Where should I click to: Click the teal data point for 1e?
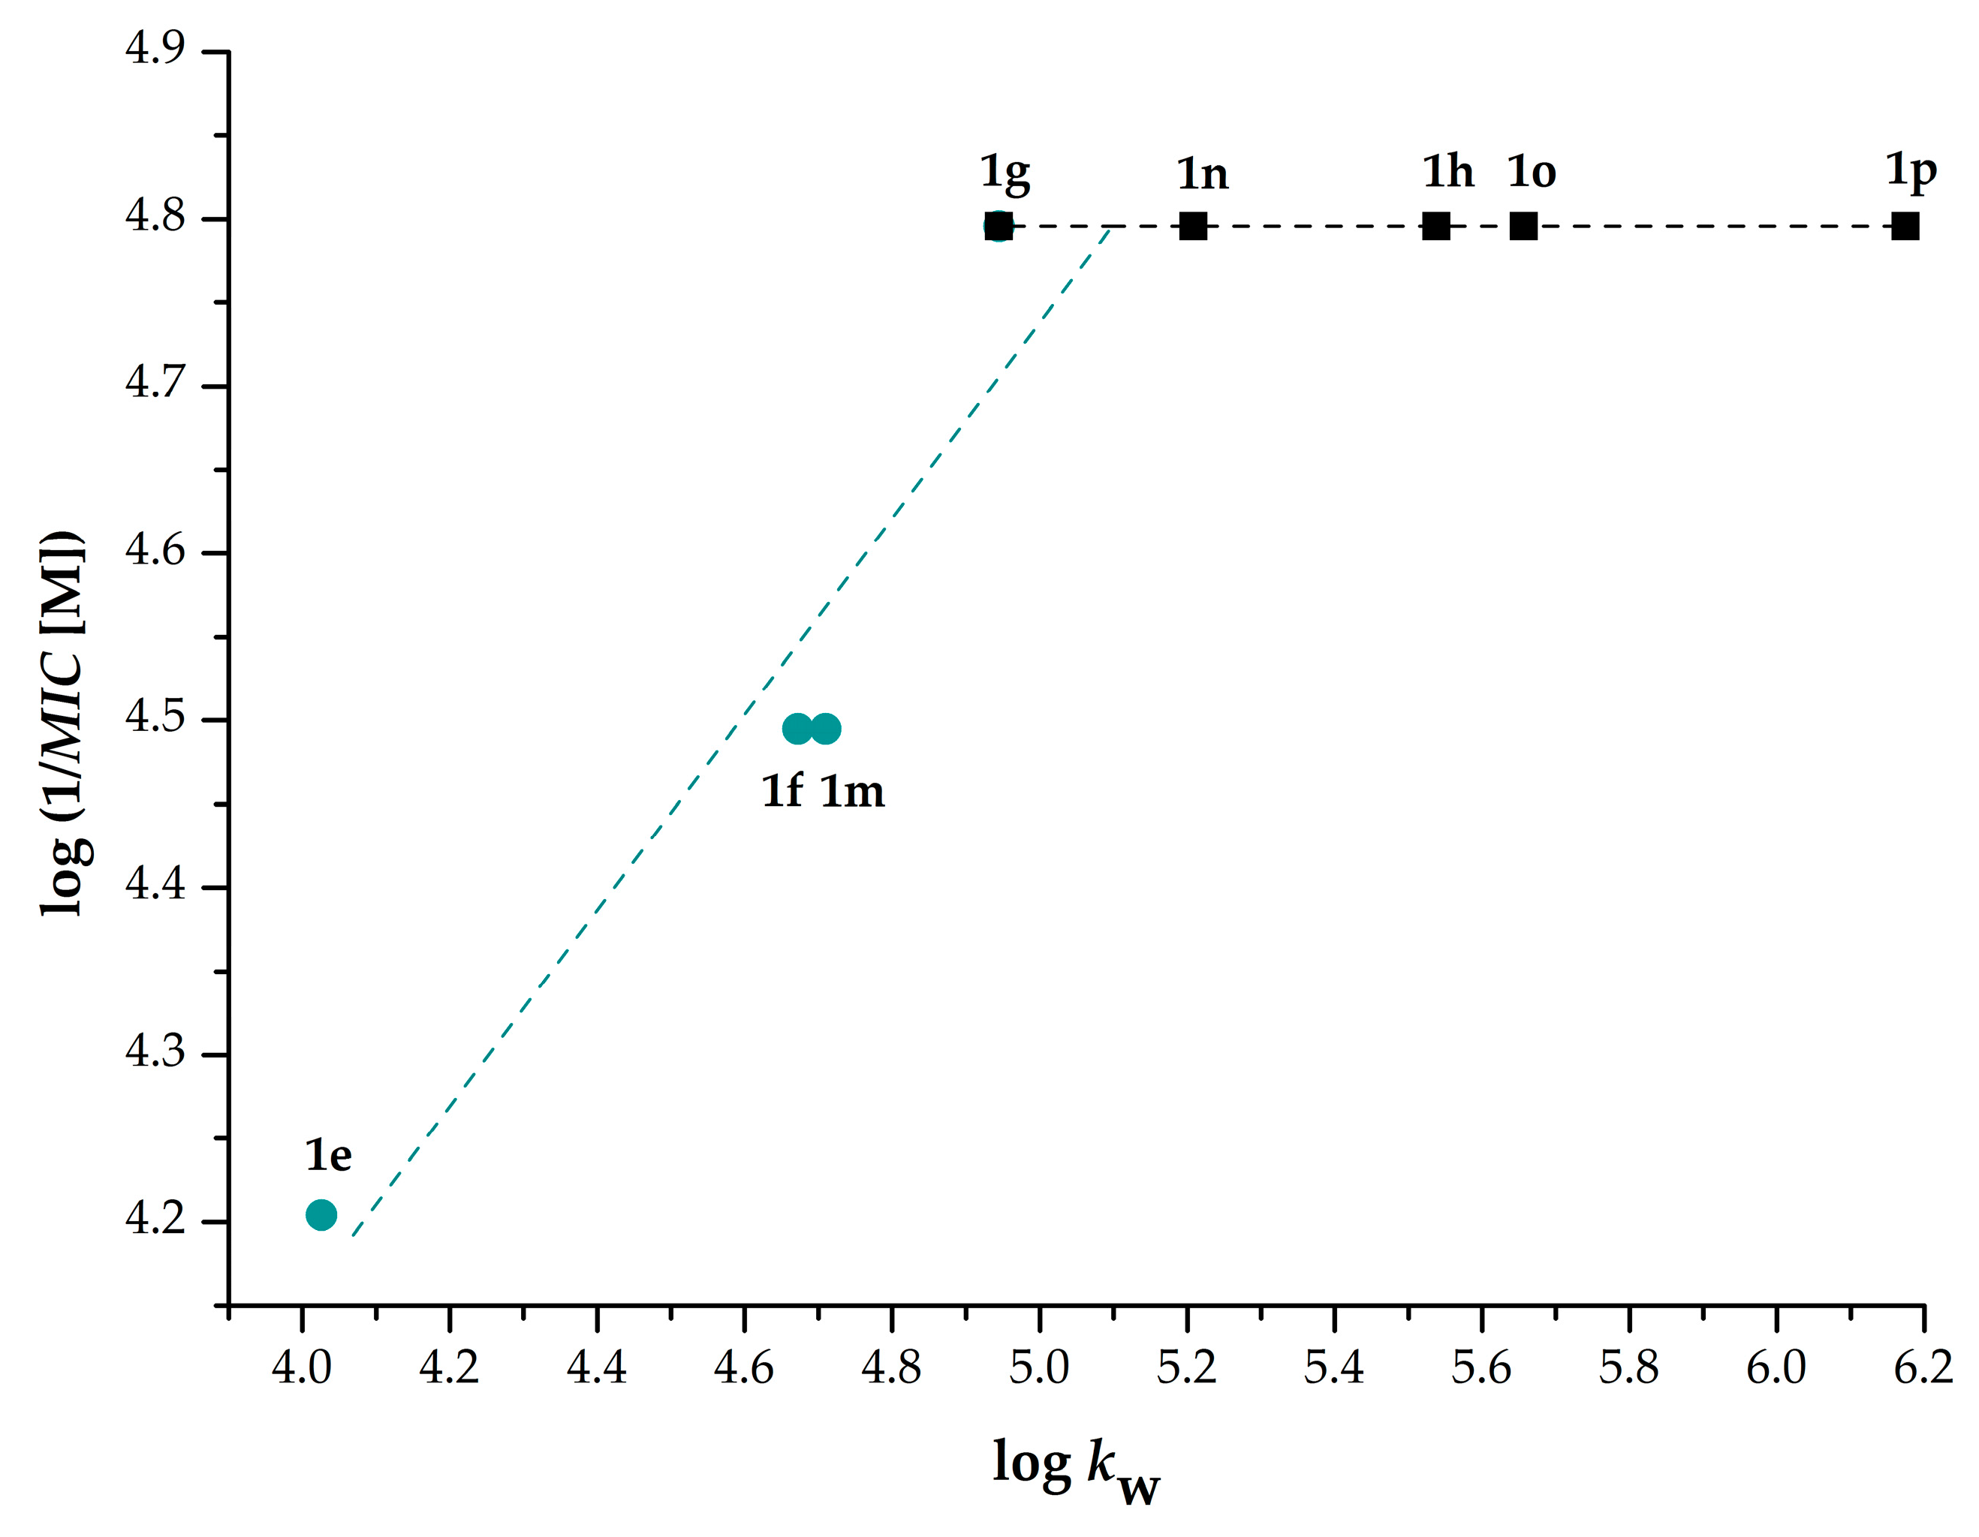click(x=321, y=1214)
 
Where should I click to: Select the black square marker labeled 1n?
click(x=1192, y=226)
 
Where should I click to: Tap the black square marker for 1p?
click(x=1905, y=226)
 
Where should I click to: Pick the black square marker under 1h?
click(x=1435, y=226)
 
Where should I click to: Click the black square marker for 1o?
click(x=1523, y=226)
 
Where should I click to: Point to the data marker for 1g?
click(x=998, y=226)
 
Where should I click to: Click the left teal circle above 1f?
click(x=797, y=728)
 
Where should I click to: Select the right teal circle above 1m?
click(x=826, y=728)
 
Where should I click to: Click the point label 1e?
click(x=328, y=1156)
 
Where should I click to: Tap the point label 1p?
click(x=1910, y=171)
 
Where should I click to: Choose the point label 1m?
click(x=852, y=792)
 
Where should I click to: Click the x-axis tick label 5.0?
click(x=1038, y=1367)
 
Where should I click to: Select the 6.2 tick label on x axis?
click(x=1923, y=1367)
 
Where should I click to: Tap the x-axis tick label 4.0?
click(x=301, y=1367)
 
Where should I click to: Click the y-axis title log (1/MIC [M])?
click(x=63, y=722)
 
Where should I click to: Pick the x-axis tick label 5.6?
click(x=1480, y=1367)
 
